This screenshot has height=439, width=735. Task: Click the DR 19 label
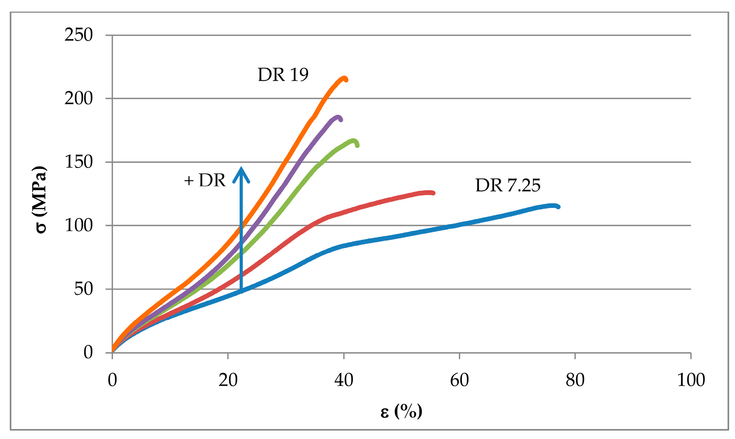click(x=283, y=75)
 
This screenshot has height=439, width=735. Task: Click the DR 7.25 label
click(x=508, y=185)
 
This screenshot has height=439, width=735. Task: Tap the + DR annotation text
click(x=205, y=180)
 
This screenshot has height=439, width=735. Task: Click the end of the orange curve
click(x=346, y=80)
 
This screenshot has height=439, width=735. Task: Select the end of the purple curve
click(x=341, y=120)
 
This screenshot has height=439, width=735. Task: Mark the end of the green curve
click(x=357, y=145)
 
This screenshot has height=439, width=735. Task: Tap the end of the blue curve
click(x=558, y=207)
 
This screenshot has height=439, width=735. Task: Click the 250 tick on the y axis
click(x=79, y=35)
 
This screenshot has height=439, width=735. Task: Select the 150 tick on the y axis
click(x=79, y=162)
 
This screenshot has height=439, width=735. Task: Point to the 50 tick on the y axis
click(x=83, y=289)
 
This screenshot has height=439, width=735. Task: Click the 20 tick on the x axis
click(x=228, y=380)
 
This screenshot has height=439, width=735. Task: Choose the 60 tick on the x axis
click(x=459, y=380)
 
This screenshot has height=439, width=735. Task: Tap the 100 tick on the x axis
click(x=691, y=380)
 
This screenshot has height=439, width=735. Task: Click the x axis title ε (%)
click(x=401, y=412)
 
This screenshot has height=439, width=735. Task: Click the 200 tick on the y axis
click(x=79, y=98)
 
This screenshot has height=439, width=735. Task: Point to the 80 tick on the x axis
click(x=575, y=380)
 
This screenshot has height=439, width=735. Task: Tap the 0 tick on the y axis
click(x=88, y=352)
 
